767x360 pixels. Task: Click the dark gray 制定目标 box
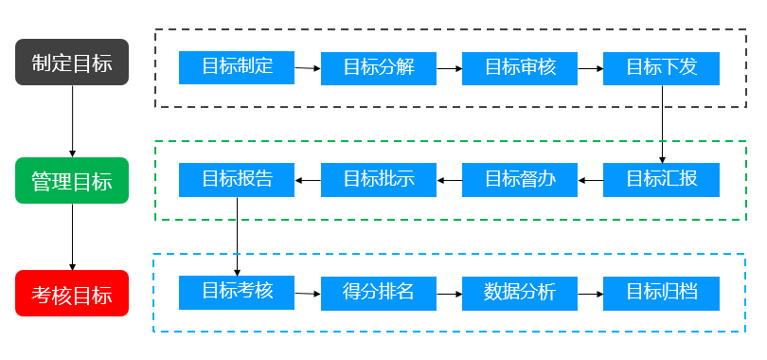click(x=72, y=63)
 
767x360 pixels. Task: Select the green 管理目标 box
click(x=72, y=180)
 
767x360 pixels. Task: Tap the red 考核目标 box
click(x=72, y=293)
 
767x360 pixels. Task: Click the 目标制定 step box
click(x=237, y=67)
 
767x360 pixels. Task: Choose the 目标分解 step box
click(x=379, y=68)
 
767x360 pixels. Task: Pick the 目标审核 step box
click(x=520, y=68)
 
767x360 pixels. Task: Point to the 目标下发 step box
click(x=661, y=68)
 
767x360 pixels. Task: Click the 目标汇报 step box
click(x=661, y=179)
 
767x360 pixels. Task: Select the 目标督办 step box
click(x=520, y=179)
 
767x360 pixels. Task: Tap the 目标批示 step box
click(x=379, y=179)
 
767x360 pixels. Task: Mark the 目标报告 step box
click(x=237, y=179)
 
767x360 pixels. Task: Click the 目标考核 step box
click(x=237, y=292)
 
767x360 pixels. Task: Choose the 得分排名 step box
click(x=379, y=293)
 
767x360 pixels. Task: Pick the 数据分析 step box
click(x=520, y=293)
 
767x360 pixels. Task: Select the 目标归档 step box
click(x=661, y=293)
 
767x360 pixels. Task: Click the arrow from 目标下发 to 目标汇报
click(x=661, y=123)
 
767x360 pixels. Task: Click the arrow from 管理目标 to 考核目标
click(x=72, y=237)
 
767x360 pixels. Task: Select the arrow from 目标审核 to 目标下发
click(x=591, y=68)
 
